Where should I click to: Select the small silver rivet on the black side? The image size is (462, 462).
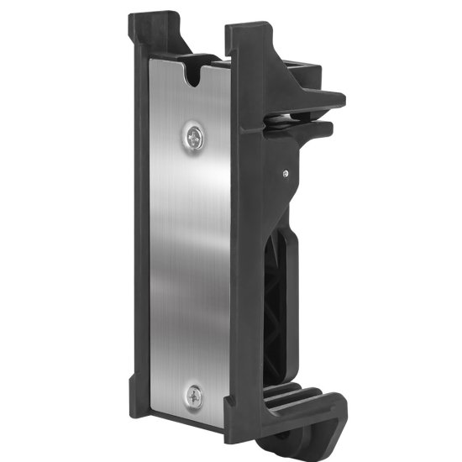(x=286, y=173)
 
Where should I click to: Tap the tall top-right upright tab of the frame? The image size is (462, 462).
(x=248, y=42)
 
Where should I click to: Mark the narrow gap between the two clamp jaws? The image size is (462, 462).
(x=323, y=116)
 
